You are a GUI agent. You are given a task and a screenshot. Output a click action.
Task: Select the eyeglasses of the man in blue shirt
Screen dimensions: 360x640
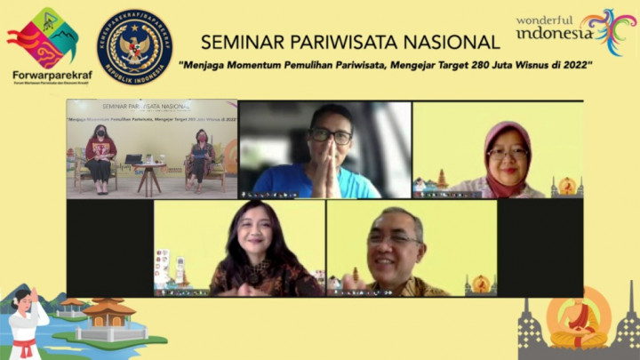[331, 136]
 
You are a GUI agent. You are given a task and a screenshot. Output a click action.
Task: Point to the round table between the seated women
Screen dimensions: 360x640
[148, 169]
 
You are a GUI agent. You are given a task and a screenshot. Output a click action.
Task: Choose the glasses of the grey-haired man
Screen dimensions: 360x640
[395, 238]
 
